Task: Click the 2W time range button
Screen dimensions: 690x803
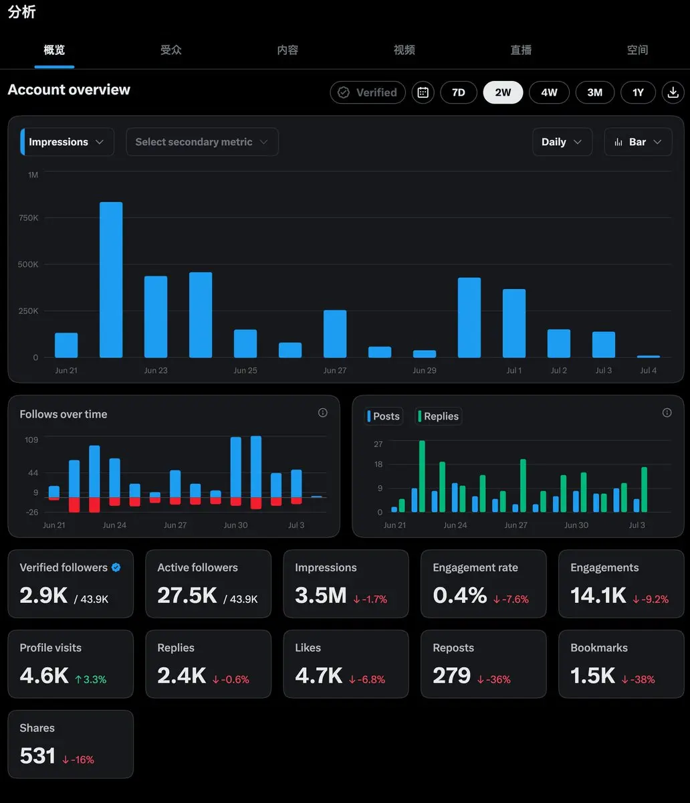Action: tap(503, 92)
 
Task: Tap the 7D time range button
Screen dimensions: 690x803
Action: tap(458, 92)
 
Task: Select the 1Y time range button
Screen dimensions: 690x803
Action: tap(638, 92)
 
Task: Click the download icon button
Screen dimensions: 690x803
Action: tap(673, 92)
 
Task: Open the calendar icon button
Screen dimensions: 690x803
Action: tap(423, 92)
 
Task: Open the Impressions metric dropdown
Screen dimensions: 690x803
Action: tap(67, 142)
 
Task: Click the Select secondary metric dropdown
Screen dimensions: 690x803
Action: tap(202, 142)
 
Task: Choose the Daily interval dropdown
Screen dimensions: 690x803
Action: tap(562, 142)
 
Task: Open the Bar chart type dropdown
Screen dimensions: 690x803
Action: tap(638, 142)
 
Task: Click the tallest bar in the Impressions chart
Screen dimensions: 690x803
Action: tap(111, 280)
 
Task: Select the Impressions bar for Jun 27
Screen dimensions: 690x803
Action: tap(335, 334)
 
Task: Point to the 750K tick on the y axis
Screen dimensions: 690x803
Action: tap(28, 218)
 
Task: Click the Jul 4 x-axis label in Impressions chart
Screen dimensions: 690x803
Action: tap(648, 371)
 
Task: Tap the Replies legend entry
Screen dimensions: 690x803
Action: tap(439, 416)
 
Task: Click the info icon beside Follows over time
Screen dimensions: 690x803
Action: tap(322, 413)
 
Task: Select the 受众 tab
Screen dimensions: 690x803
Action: tap(170, 50)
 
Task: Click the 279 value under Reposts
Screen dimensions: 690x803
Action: tap(451, 675)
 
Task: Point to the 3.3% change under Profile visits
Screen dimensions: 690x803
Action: tap(90, 679)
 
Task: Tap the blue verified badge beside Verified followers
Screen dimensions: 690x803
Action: tap(116, 567)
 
